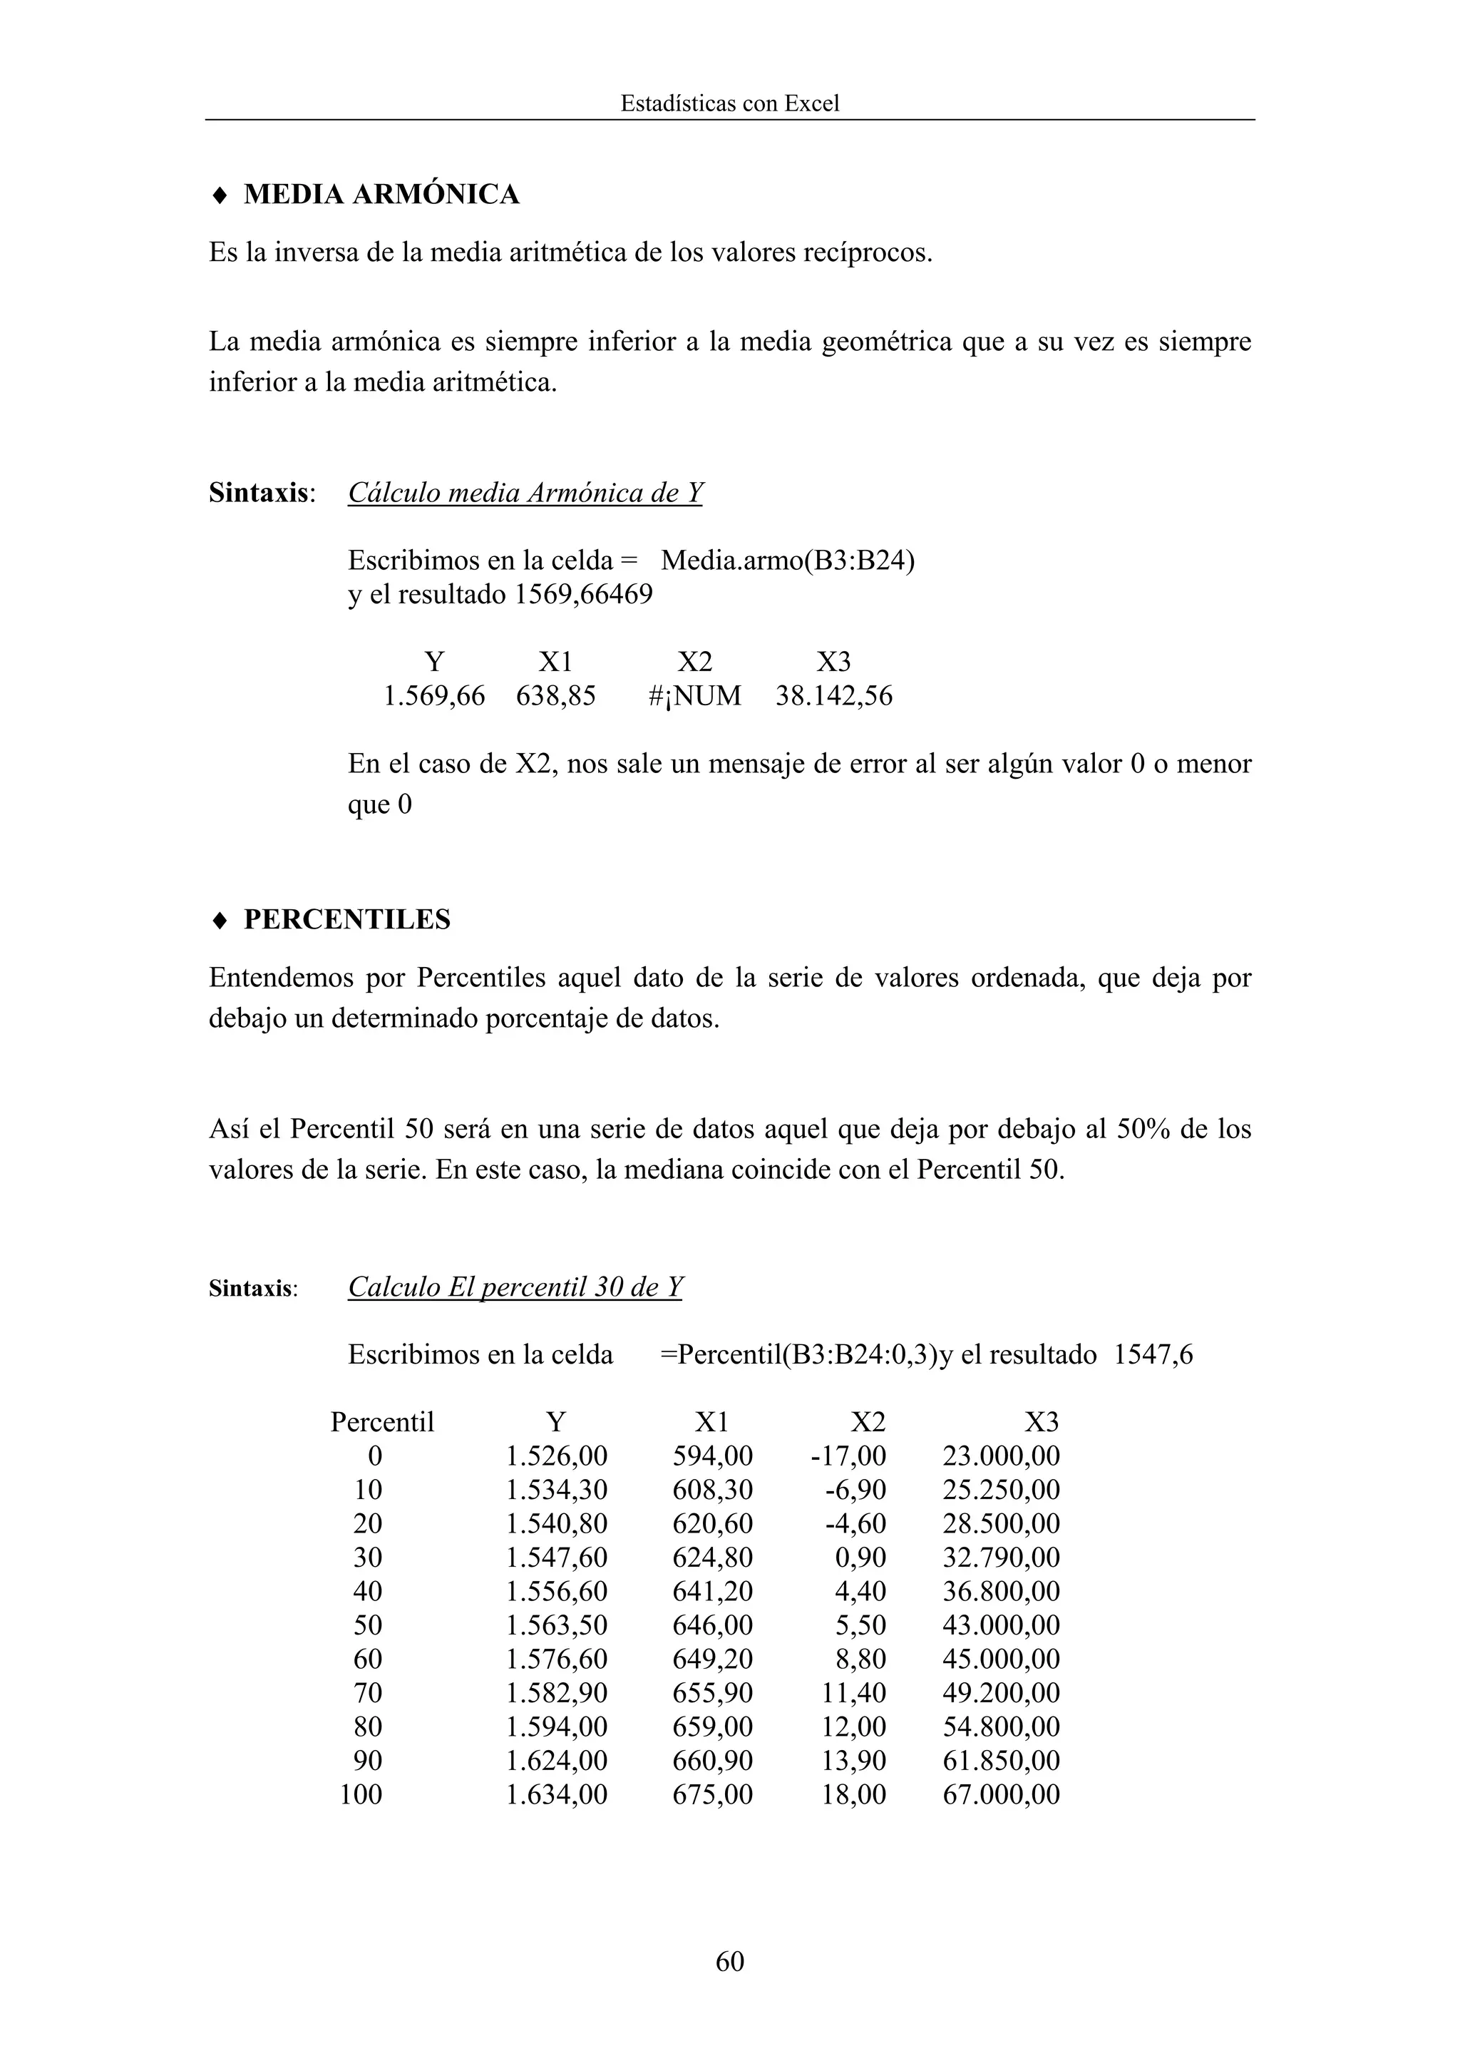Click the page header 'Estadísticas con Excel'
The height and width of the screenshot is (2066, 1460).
(729, 103)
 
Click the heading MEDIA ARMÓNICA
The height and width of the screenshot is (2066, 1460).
(381, 195)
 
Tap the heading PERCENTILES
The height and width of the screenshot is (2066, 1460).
(347, 920)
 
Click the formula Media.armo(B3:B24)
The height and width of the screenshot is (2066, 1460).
(787, 561)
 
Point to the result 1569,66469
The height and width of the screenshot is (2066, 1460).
(583, 595)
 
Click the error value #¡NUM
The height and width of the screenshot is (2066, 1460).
(694, 695)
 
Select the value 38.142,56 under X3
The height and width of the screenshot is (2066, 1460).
(834, 695)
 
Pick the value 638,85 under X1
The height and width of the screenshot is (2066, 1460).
(555, 695)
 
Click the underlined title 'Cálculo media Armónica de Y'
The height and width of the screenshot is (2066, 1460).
(525, 493)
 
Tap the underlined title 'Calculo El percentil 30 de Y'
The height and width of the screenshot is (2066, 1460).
(515, 1288)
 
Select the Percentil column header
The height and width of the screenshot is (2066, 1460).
(381, 1423)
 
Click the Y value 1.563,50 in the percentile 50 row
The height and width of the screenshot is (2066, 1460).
(557, 1625)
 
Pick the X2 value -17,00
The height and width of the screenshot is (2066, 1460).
(848, 1456)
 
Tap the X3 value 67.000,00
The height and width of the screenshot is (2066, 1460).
(1001, 1794)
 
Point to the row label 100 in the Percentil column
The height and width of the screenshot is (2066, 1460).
(361, 1794)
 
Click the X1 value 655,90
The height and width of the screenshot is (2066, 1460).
(712, 1692)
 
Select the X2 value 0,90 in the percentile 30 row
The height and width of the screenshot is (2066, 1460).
(861, 1558)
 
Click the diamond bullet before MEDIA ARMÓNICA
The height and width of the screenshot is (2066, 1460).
(219, 195)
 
